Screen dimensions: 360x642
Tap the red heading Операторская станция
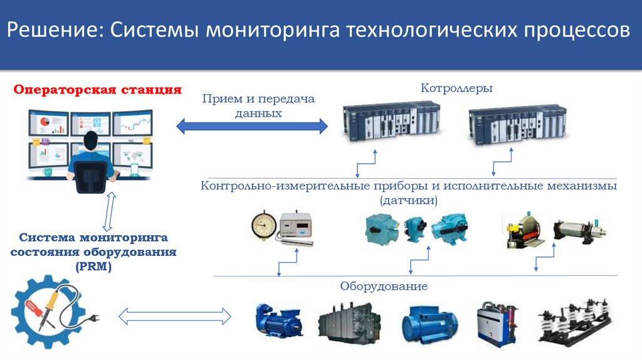click(x=98, y=89)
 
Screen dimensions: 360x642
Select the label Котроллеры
click(x=456, y=88)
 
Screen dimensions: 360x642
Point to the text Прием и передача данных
click(x=258, y=106)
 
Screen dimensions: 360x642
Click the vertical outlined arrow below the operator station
click(x=107, y=211)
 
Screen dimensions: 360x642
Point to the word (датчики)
click(x=408, y=200)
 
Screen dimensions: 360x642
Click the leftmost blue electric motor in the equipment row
click(x=277, y=324)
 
